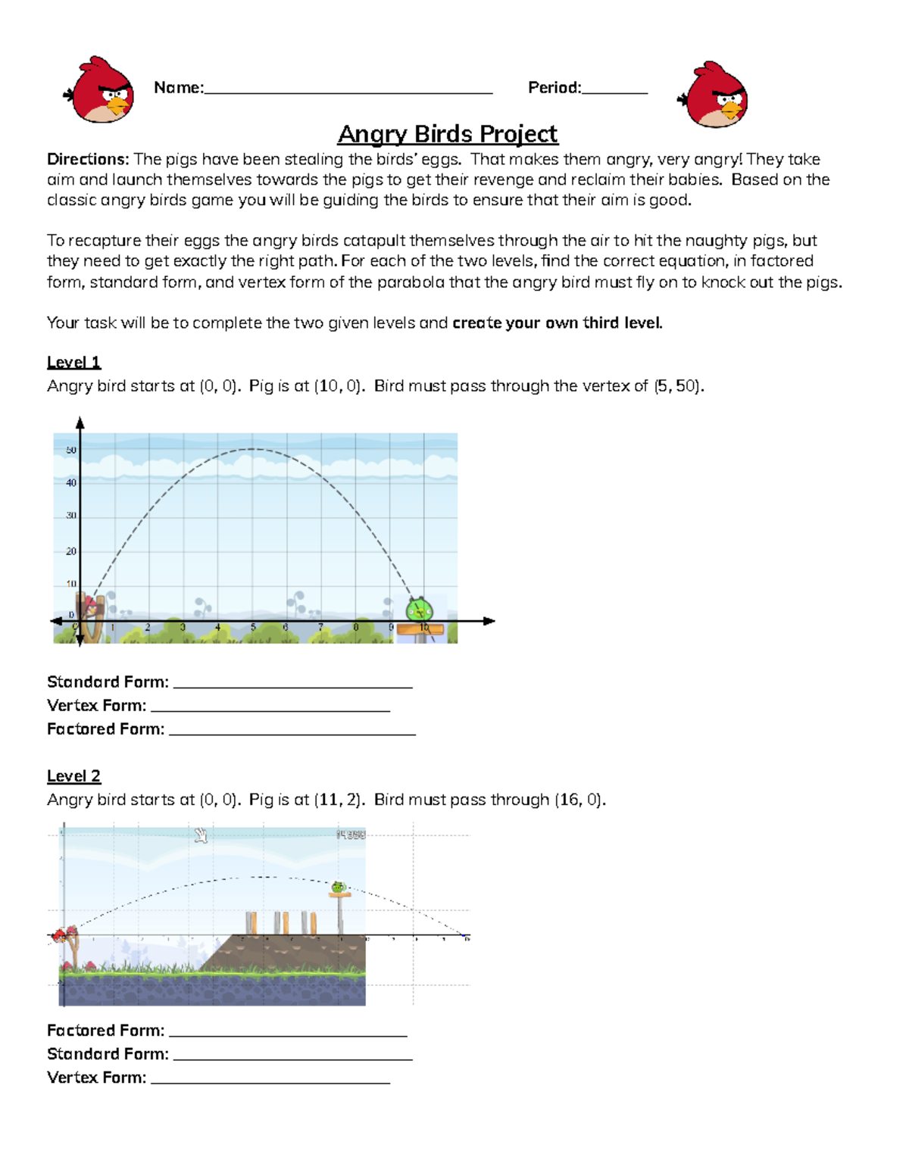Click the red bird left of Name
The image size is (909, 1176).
pos(102,89)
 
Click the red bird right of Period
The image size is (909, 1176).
pos(715,95)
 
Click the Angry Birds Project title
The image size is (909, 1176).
pos(447,134)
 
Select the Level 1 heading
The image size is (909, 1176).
pos(73,363)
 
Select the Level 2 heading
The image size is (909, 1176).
pos(73,776)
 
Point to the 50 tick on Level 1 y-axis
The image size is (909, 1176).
pos(71,451)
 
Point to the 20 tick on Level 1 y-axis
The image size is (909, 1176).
pos(71,551)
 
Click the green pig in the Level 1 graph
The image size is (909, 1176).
pos(418,609)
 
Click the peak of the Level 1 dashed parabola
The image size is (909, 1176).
pos(252,450)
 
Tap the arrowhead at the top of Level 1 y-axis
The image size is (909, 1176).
pos(80,423)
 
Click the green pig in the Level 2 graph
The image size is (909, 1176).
pos(339,887)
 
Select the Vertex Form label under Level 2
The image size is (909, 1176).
pos(96,1078)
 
